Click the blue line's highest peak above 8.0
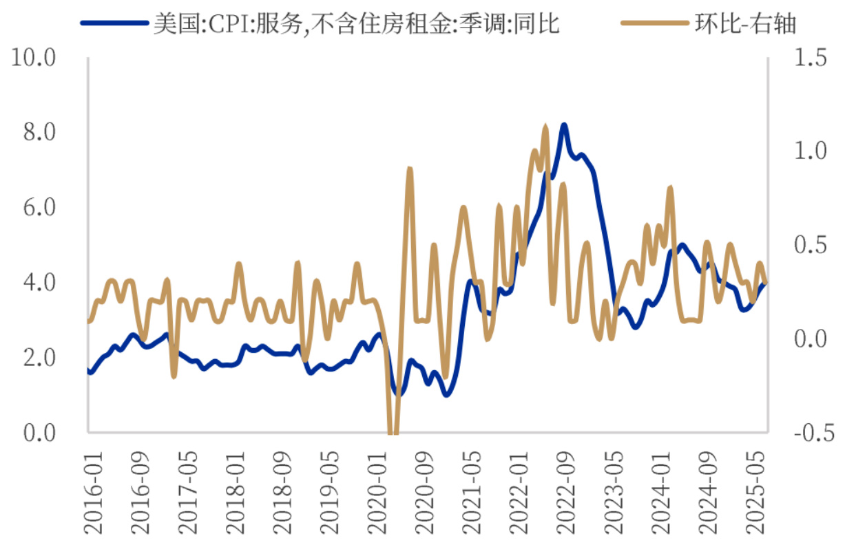[563, 126]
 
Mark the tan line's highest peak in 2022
[545, 128]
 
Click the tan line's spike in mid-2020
[409, 169]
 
